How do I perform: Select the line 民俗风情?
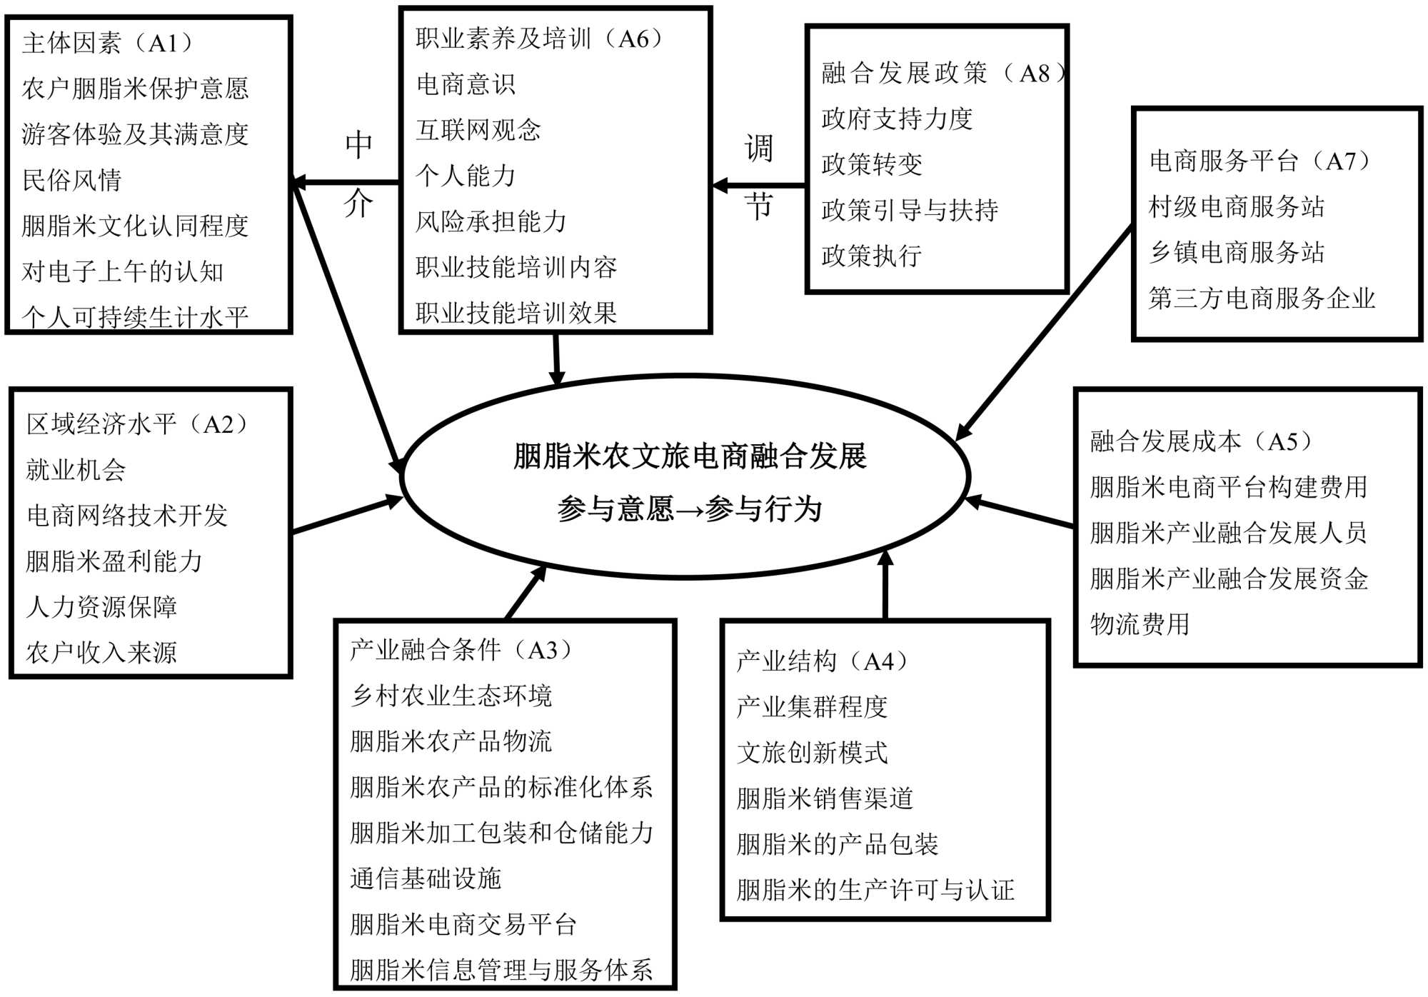[x=72, y=180]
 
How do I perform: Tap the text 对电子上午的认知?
[x=123, y=271]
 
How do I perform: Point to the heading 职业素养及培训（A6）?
[x=540, y=39]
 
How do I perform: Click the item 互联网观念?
[x=478, y=130]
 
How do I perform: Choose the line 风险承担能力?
[x=491, y=221]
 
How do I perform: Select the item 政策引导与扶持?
[x=910, y=210]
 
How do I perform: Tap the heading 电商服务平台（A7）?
[x=1259, y=161]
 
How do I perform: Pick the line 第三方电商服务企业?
[x=1262, y=299]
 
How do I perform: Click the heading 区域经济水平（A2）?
[x=137, y=424]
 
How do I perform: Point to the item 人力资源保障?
[x=101, y=607]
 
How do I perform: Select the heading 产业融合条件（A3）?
[x=461, y=650]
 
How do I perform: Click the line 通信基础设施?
[x=426, y=878]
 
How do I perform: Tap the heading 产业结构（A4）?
[x=822, y=661]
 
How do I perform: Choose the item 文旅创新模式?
[x=813, y=753]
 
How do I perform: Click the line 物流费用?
[x=1140, y=624]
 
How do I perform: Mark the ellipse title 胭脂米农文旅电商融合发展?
[x=690, y=456]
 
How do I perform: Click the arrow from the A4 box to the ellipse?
[x=885, y=586]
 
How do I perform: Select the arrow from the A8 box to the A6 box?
[x=758, y=186]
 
